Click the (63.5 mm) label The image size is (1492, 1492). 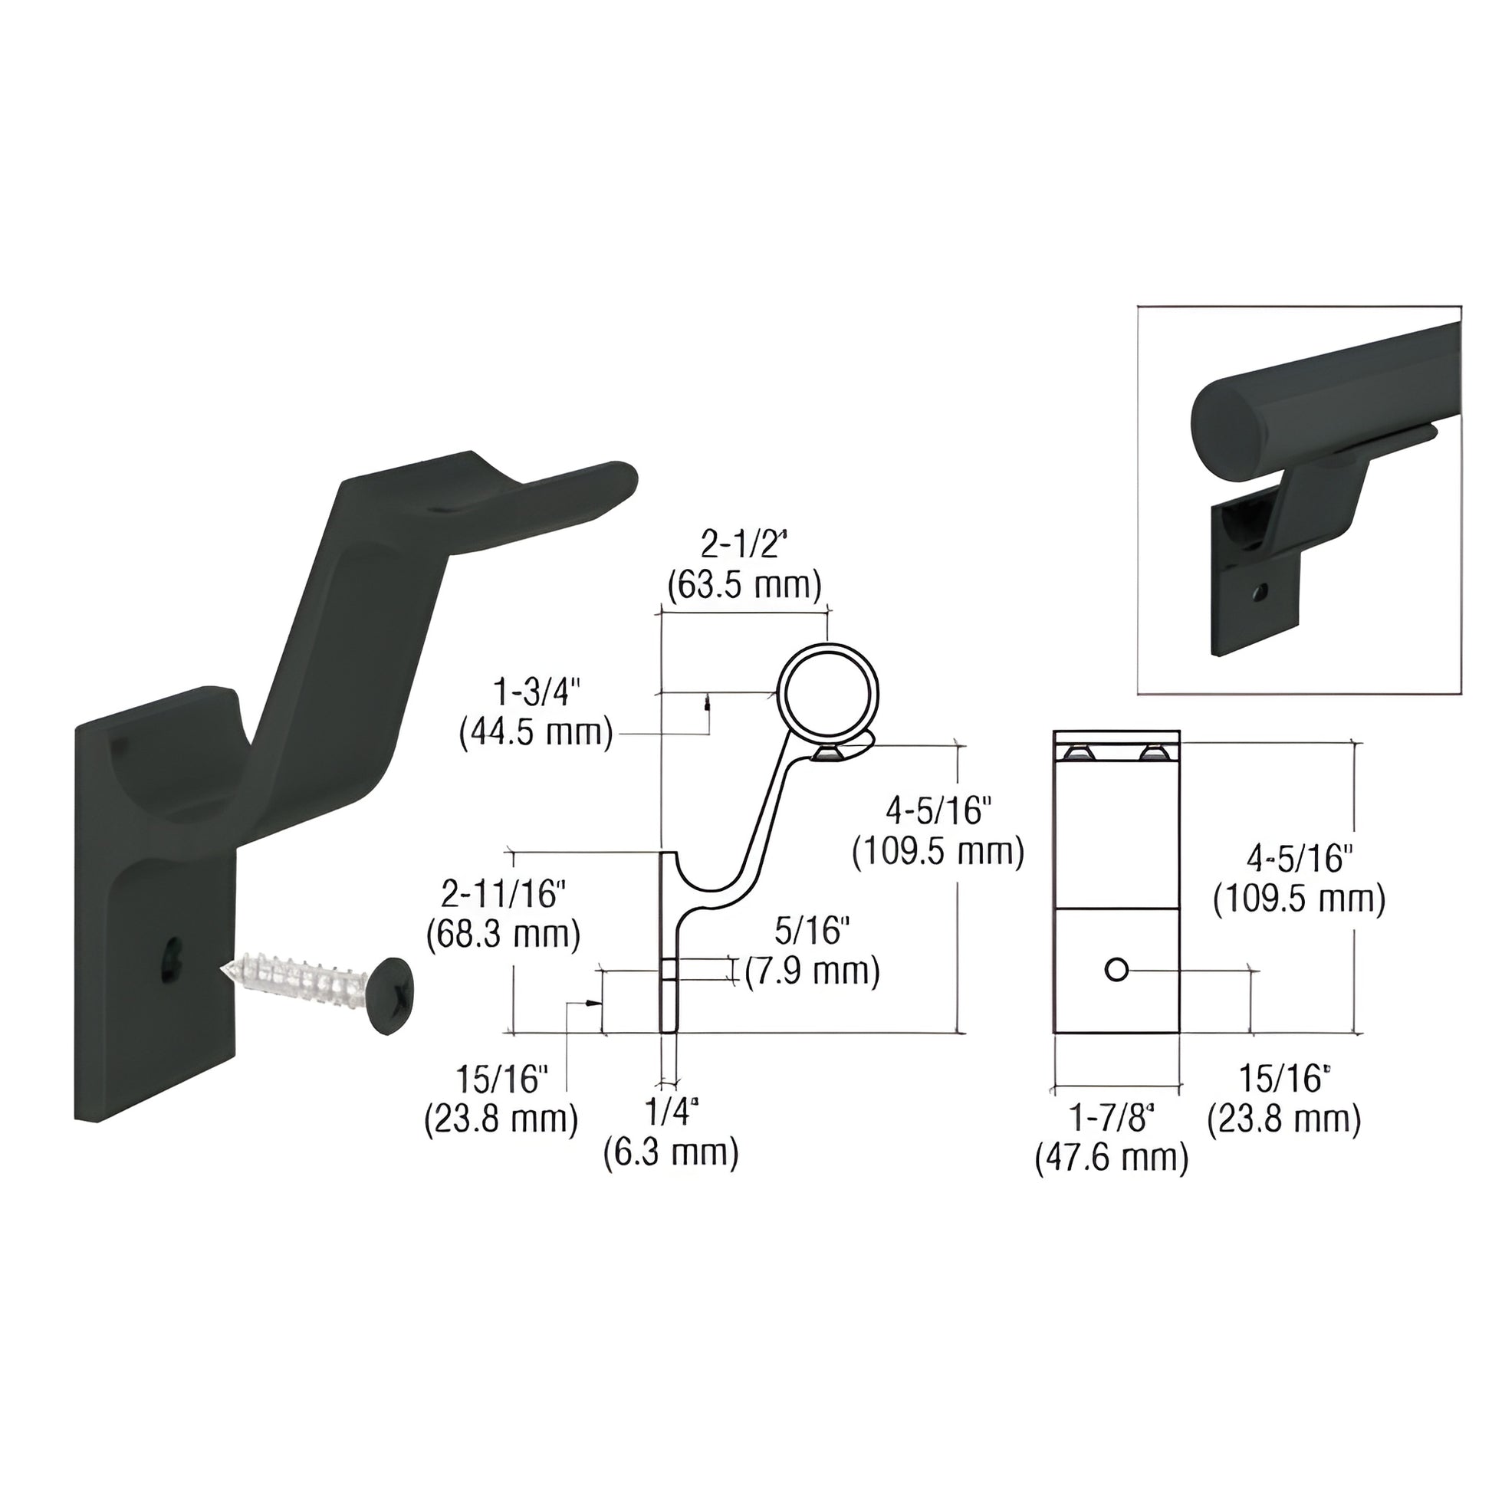744,585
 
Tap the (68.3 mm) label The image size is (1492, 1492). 503,935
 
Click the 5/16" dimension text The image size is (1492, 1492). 813,932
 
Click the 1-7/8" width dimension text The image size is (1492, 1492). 1111,1117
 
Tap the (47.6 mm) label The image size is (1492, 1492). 1111,1158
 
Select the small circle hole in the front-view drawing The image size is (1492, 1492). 1116,969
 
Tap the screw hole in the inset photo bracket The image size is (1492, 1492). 1260,593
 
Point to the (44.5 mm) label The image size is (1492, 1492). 536,733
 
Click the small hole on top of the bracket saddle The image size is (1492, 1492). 445,511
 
